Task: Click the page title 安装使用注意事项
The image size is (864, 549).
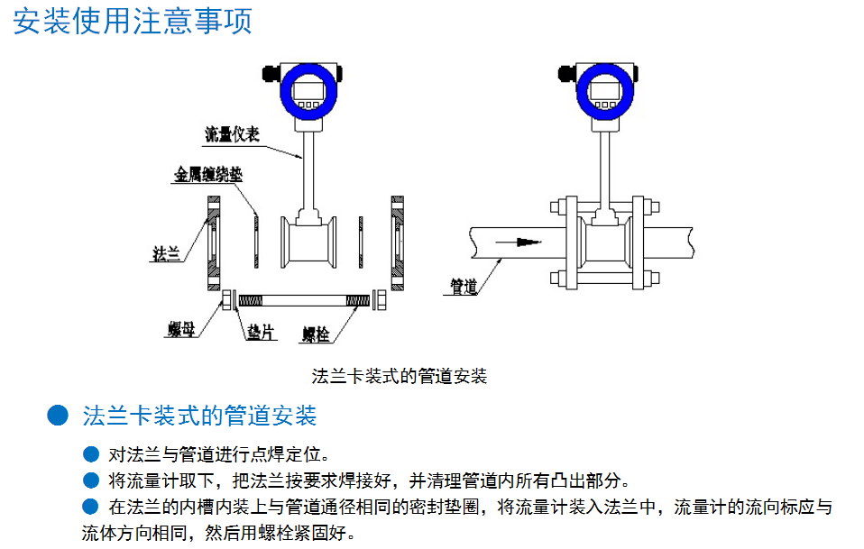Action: click(133, 20)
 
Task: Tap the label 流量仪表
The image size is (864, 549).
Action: click(232, 136)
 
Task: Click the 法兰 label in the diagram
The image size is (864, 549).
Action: click(166, 255)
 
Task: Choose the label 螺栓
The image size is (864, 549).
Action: click(315, 334)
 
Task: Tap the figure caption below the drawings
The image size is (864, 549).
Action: click(399, 377)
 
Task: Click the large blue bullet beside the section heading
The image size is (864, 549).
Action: click(58, 416)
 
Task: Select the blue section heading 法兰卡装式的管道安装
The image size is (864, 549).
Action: click(199, 416)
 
